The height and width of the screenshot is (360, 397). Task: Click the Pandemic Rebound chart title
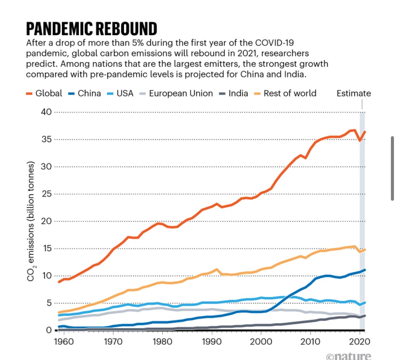coord(92,29)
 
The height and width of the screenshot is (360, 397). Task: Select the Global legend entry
coord(44,93)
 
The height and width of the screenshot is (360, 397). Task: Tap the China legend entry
coord(86,93)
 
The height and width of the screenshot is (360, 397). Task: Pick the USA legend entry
coord(121,93)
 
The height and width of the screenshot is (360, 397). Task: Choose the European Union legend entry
coord(177,93)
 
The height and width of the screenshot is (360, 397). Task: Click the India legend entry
coord(234,93)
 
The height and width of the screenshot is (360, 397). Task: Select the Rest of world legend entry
coord(286,93)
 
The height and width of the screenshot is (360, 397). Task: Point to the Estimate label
coord(354,93)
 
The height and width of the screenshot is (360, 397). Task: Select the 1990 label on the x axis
coord(212,341)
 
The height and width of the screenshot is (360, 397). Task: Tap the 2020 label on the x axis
coord(360,341)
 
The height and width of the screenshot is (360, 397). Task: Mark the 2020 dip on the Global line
coord(360,140)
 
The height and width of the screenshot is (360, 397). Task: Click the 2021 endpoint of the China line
coord(365,270)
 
